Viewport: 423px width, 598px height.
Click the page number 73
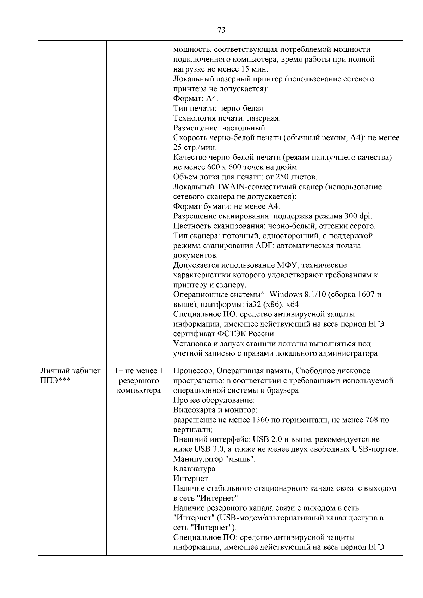[x=221, y=30]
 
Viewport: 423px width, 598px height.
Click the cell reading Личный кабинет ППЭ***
[x=70, y=376]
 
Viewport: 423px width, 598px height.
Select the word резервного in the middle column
[x=139, y=381]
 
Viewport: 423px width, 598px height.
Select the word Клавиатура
[x=195, y=469]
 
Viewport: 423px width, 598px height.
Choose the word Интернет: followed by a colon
[x=191, y=479]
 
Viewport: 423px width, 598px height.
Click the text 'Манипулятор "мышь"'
[x=214, y=459]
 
